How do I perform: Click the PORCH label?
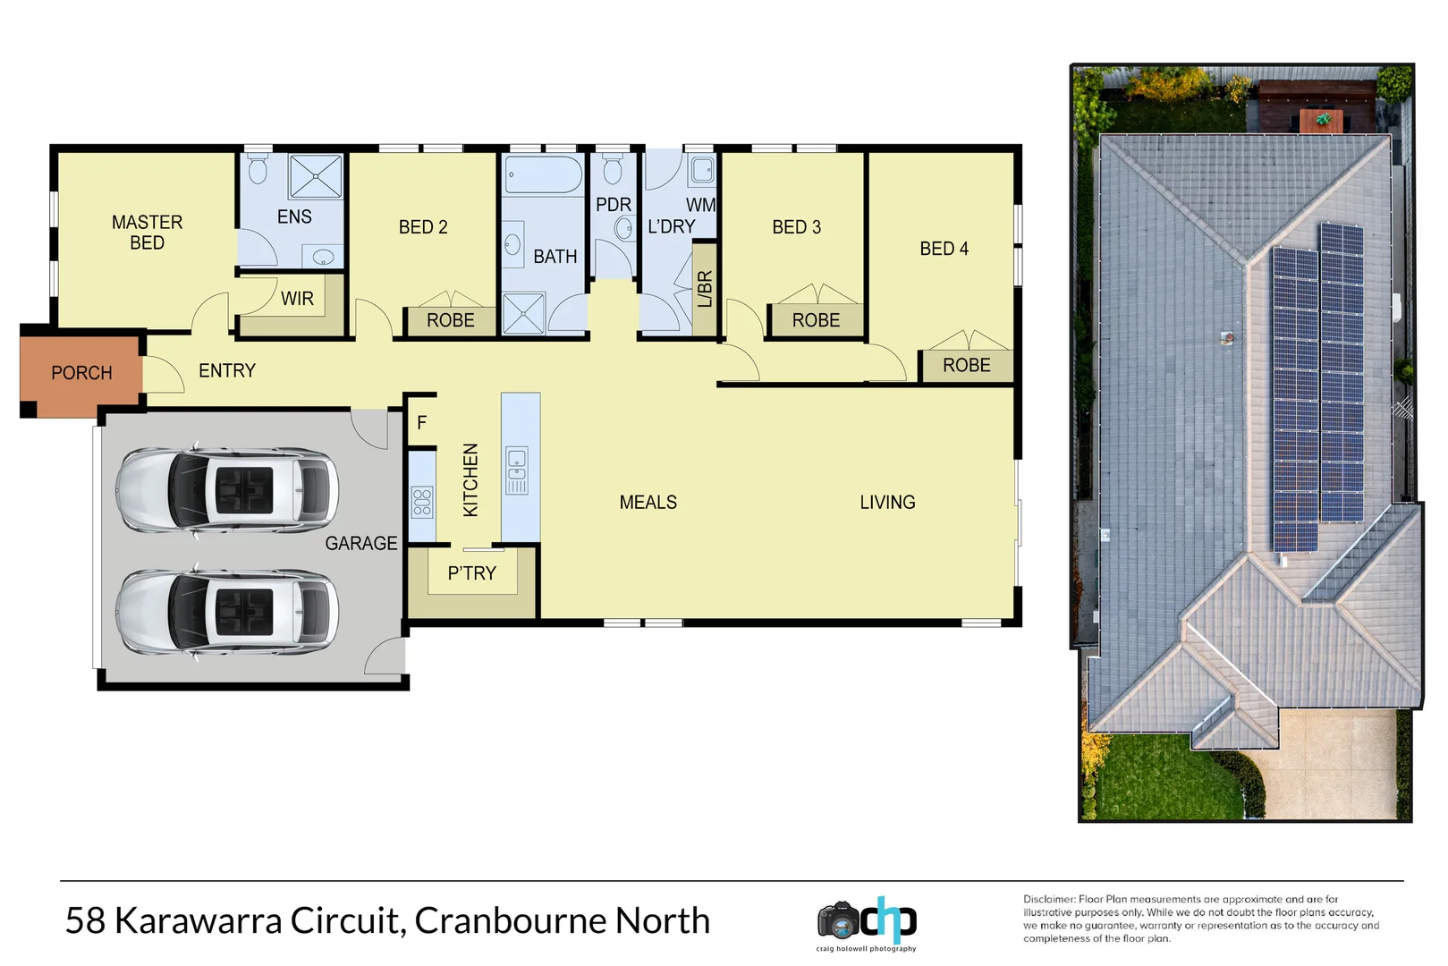(x=81, y=373)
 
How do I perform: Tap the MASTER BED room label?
(x=147, y=233)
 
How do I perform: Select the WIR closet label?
(x=297, y=299)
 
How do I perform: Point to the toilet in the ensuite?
(x=258, y=169)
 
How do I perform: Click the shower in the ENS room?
(x=316, y=176)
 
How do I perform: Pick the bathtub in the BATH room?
(x=544, y=175)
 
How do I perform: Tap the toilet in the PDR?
(x=613, y=168)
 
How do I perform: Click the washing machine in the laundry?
(x=702, y=170)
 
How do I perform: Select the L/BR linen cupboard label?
(x=705, y=289)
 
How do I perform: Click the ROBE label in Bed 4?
(x=966, y=366)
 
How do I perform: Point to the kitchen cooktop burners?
(x=422, y=503)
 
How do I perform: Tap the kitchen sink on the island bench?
(x=518, y=470)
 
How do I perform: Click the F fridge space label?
(x=422, y=423)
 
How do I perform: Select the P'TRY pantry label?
(x=471, y=573)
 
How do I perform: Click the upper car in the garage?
(x=227, y=490)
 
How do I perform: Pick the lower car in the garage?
(x=227, y=613)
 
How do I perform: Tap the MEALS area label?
(x=648, y=503)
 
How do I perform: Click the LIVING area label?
(x=887, y=503)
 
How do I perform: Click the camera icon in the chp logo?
(x=838, y=920)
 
